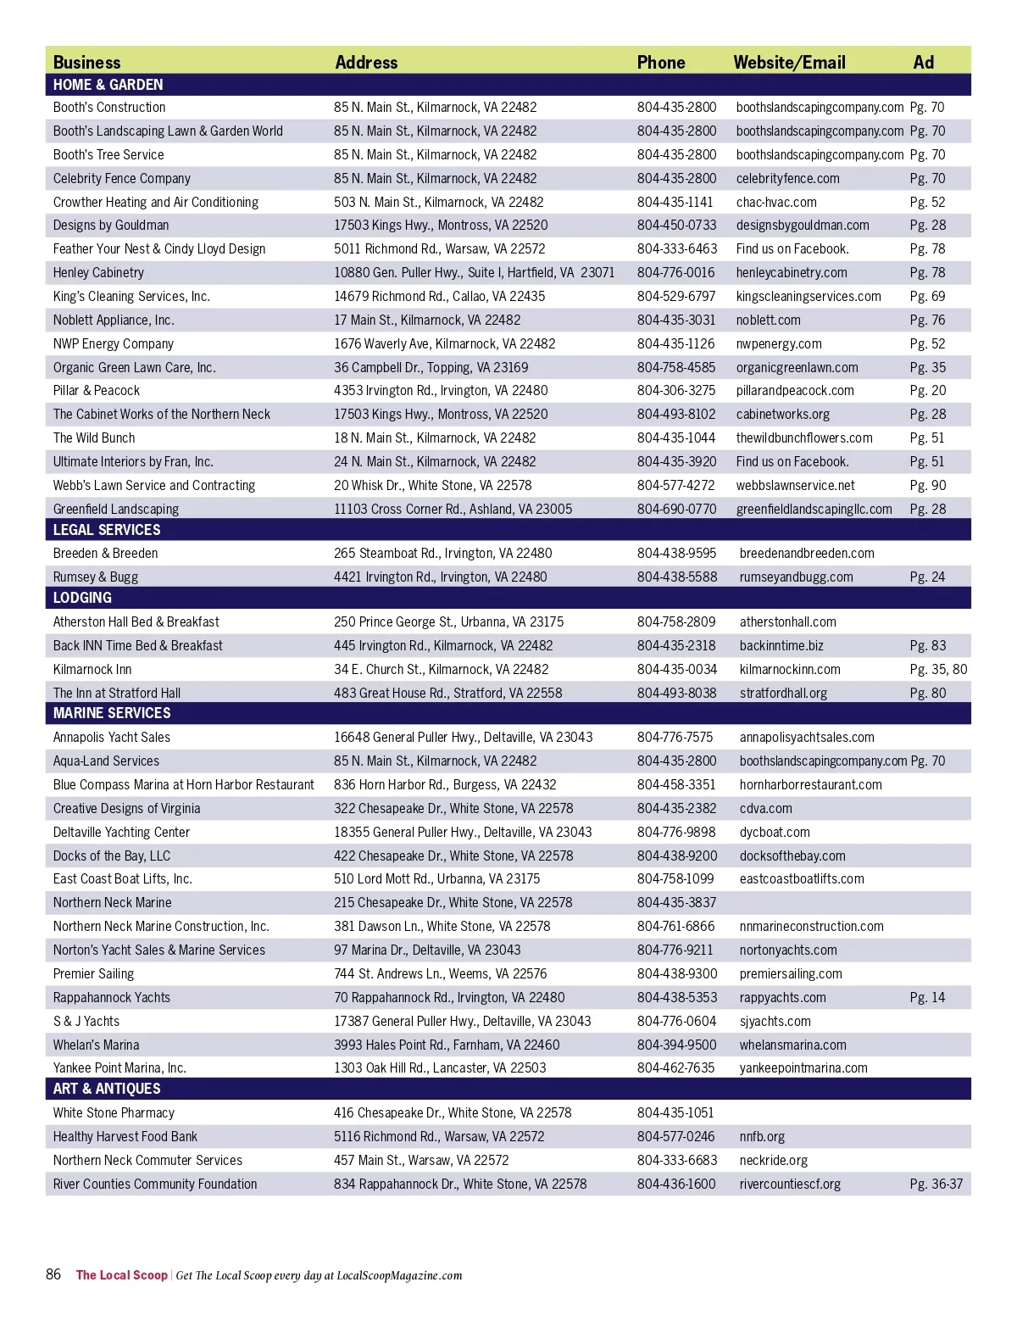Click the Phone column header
pos(661,62)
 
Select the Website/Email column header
pos(789,62)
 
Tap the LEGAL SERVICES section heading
pos(107,530)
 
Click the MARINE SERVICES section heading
pos(112,713)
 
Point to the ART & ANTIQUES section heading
pos(107,1089)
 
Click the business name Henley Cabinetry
pos(98,272)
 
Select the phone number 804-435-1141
pos(675,202)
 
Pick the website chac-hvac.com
pos(776,202)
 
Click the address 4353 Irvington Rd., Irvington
pos(441,391)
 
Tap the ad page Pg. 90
pos(927,485)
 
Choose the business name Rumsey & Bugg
pos(96,577)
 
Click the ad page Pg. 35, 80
pos(938,669)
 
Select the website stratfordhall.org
pos(783,693)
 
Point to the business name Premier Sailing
pos(93,973)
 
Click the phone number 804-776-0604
pos(676,1021)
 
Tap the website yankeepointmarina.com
pos(803,1067)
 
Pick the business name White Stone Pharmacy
pos(114,1112)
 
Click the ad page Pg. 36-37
pos(936,1184)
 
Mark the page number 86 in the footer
pos(53,1274)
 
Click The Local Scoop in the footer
pos(121,1275)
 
